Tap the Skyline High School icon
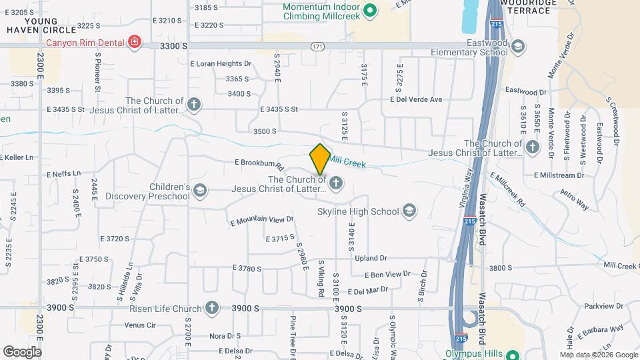pos(409,211)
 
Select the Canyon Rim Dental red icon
pos(135,43)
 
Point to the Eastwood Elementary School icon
pos(517,47)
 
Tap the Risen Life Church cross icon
pos(211,308)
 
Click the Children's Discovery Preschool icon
pos(199,191)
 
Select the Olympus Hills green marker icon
pos(512,354)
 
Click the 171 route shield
pos(317,46)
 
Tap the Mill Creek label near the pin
pos(347,162)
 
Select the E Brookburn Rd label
pos(259,163)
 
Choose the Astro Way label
pos(575,199)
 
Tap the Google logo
pos(22,351)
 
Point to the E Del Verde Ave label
pos(416,99)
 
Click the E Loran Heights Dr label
pos(221,64)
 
